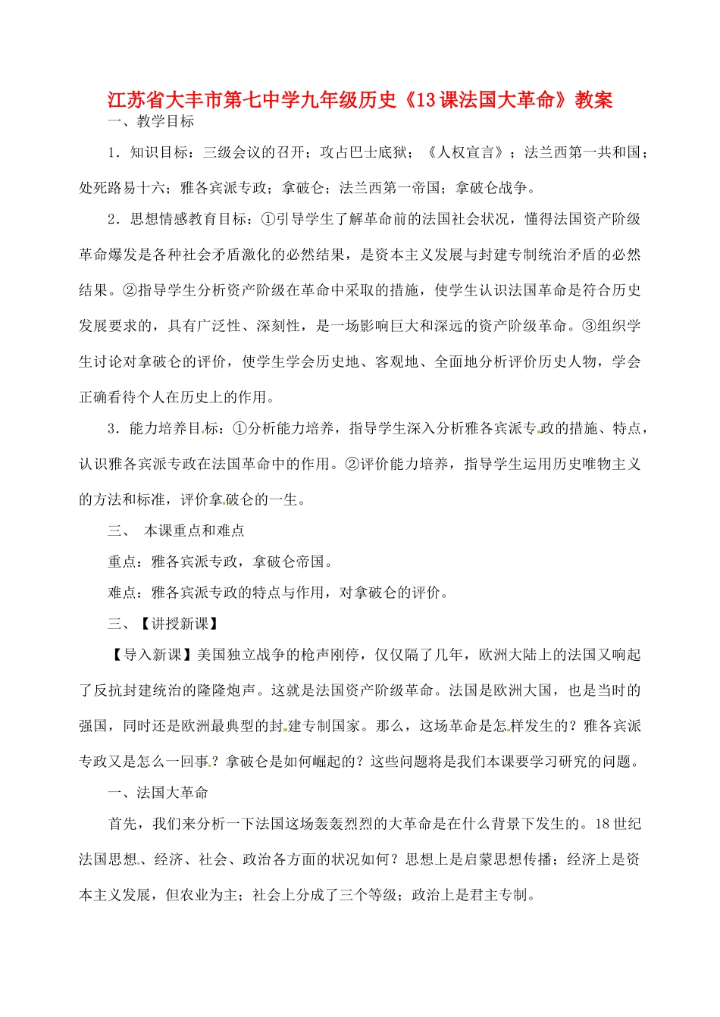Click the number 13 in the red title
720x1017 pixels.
click(424, 99)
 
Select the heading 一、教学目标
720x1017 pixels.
click(152, 121)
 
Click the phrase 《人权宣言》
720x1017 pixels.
click(465, 152)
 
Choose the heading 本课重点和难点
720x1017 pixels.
click(195, 530)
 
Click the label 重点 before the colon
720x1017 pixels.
click(122, 562)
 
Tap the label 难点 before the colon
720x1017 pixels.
click(122, 593)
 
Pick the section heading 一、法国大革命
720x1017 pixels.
click(158, 793)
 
